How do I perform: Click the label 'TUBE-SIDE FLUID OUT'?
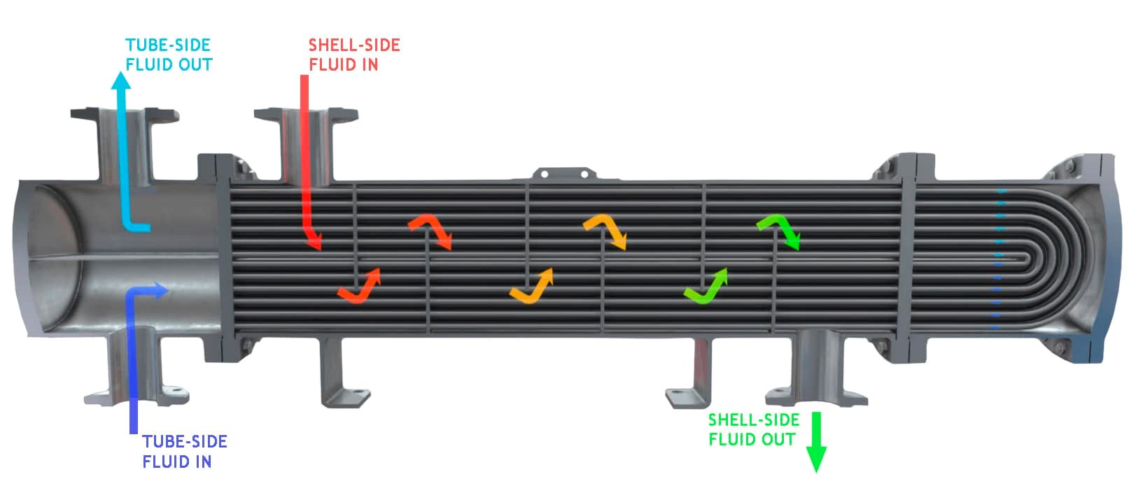pyautogui.click(x=169, y=55)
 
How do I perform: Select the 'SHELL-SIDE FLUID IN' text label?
pyautogui.click(x=354, y=55)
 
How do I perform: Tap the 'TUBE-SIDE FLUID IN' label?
pyautogui.click(x=185, y=451)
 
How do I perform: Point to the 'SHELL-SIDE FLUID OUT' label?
pyautogui.click(x=753, y=429)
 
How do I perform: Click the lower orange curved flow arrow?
pyautogui.click(x=532, y=285)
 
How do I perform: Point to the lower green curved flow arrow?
pyautogui.click(x=706, y=285)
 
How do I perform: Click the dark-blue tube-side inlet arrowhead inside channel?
pyautogui.click(x=160, y=290)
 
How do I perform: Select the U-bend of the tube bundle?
pyautogui.click(x=1050, y=258)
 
